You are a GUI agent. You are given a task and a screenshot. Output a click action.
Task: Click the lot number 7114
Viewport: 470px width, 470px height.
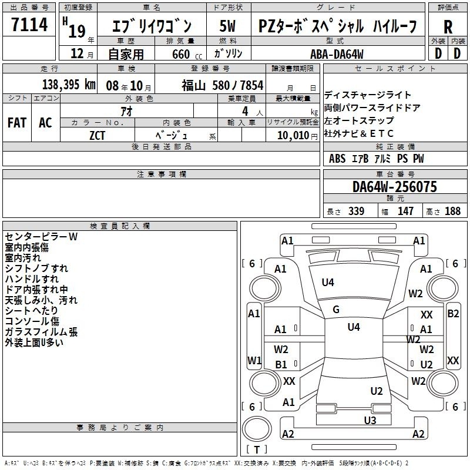29,24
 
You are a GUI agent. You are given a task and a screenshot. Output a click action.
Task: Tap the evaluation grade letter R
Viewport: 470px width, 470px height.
448,27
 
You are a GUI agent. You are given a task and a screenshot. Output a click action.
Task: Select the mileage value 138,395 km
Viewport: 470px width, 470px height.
69,85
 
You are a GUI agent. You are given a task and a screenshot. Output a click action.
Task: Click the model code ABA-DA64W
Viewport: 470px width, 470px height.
337,54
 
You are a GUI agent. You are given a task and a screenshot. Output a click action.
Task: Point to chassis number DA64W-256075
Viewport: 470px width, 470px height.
394,187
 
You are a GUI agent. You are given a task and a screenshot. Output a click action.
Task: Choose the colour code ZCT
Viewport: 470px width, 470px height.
97,136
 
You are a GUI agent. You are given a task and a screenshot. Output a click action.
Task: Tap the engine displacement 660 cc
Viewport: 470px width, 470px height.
187,54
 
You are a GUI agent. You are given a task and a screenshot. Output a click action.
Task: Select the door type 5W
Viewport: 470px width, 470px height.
227,26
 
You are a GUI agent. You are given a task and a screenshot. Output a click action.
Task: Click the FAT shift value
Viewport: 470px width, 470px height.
17,123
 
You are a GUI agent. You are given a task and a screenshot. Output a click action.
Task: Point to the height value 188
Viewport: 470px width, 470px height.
452,211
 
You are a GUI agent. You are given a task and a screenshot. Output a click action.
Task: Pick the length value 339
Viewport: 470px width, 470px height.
356,211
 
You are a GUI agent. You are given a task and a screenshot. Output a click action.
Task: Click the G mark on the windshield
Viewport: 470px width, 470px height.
336,310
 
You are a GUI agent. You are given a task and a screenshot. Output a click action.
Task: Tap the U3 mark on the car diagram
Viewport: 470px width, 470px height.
370,420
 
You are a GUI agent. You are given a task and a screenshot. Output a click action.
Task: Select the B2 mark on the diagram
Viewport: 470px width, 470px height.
453,314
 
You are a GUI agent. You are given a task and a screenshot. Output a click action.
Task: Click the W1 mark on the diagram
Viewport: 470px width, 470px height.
254,360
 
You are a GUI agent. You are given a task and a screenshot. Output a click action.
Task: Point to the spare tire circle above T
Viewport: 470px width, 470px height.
257,429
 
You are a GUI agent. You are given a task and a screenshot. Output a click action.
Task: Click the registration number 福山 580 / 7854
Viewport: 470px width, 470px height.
223,85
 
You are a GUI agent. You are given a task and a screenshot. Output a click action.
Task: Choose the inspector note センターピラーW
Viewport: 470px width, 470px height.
41,237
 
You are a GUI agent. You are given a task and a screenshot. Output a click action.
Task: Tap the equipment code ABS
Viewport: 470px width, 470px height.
337,159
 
